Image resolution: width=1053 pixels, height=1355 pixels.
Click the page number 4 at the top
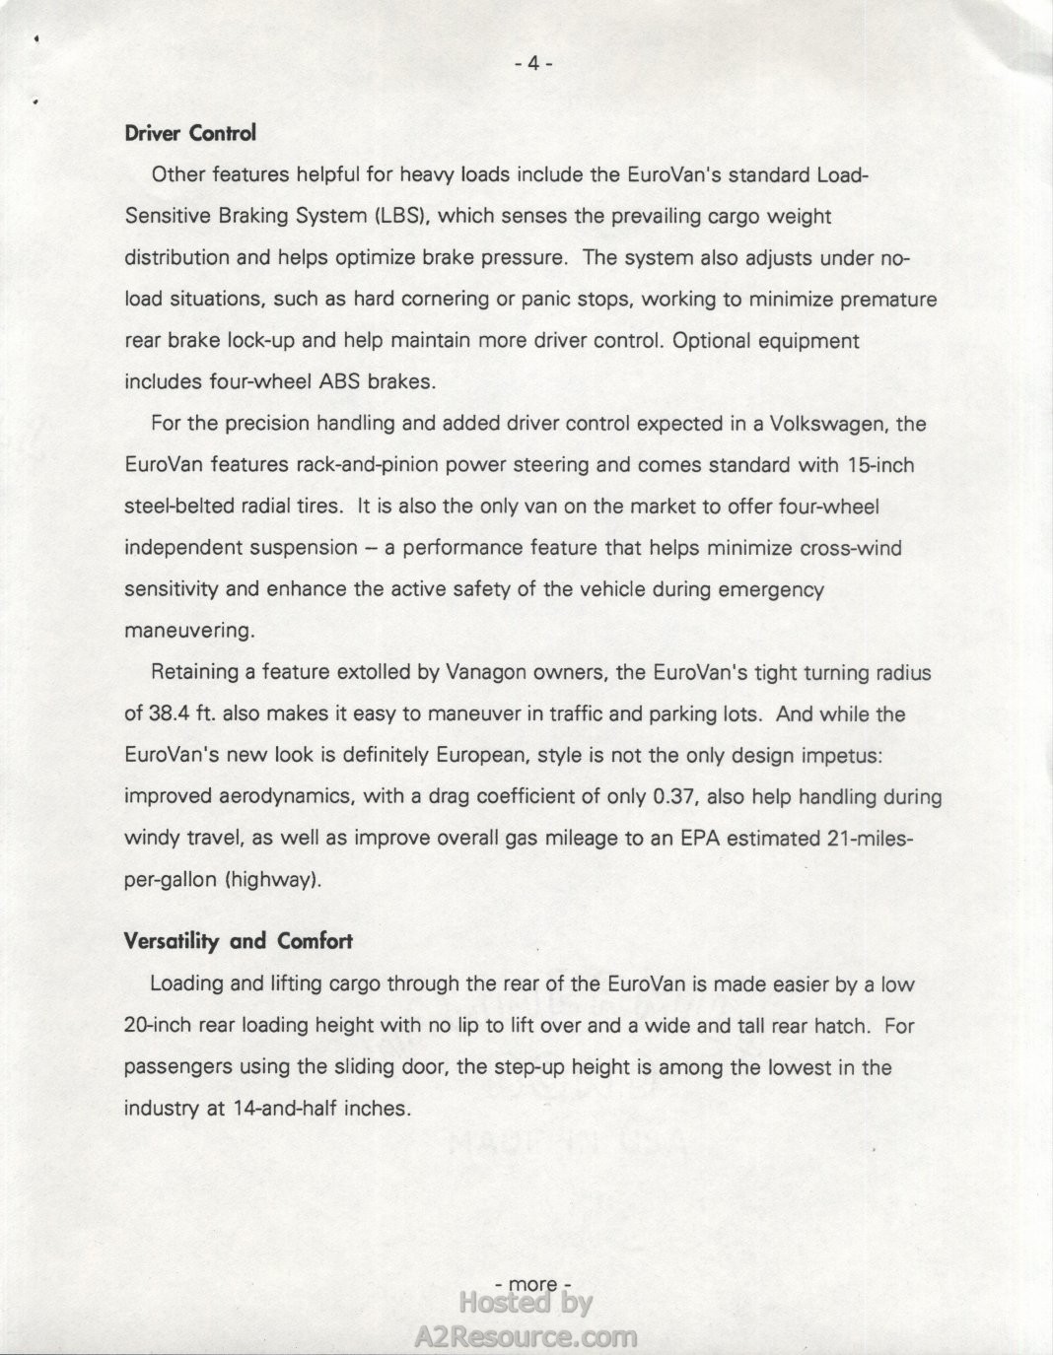[532, 64]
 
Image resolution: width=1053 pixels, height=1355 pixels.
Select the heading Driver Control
[190, 133]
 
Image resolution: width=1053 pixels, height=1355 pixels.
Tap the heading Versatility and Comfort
[238, 941]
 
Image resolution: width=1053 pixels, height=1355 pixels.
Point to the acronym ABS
[340, 382]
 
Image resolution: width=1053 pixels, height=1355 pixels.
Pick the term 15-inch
[880, 465]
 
